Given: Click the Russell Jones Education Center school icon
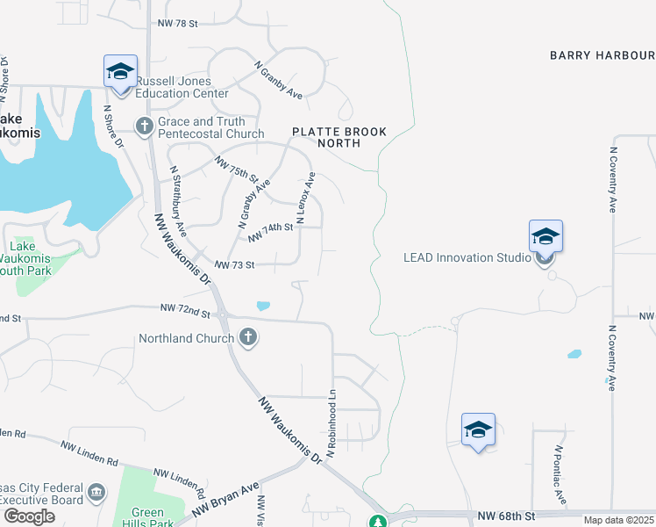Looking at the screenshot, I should click(x=120, y=70).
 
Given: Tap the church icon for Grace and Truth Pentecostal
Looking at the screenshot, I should click(x=144, y=125).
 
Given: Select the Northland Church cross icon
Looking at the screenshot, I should click(x=248, y=337).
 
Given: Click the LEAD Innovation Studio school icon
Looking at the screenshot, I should click(x=545, y=236).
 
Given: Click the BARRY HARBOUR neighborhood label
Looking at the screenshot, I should click(x=602, y=55).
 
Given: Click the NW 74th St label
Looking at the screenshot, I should click(x=269, y=232).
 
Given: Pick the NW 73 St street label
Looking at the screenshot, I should click(x=233, y=264).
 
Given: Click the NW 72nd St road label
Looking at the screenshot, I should click(x=186, y=310).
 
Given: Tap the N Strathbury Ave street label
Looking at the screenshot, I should click(x=178, y=202).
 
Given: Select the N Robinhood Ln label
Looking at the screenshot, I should click(x=332, y=422).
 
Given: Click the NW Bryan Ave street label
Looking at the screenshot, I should click(x=225, y=498).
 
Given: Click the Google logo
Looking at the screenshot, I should click(x=29, y=516).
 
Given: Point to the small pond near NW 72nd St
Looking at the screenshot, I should click(x=263, y=307).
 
